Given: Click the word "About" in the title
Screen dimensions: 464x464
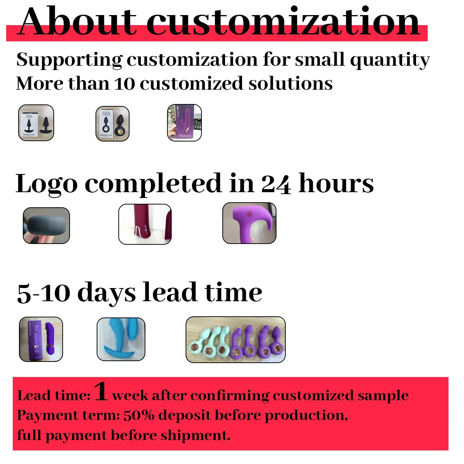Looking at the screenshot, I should coord(77,22).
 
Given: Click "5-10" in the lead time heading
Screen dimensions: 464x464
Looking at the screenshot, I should coord(43,293).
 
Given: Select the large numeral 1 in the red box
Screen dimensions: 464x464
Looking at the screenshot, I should coord(101,391).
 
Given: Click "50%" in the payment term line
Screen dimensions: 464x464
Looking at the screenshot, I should coord(138,415).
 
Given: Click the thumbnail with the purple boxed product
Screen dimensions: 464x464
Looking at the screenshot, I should coord(184,123).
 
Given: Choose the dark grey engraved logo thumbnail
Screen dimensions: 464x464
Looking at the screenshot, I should coord(46,226).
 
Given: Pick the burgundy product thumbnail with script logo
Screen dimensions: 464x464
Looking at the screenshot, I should coord(145,224).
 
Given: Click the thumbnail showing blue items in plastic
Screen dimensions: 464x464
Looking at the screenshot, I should coord(121,339).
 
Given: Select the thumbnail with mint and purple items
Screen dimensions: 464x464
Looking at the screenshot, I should coord(235,339).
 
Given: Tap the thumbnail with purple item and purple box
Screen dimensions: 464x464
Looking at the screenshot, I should coord(41,339).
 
